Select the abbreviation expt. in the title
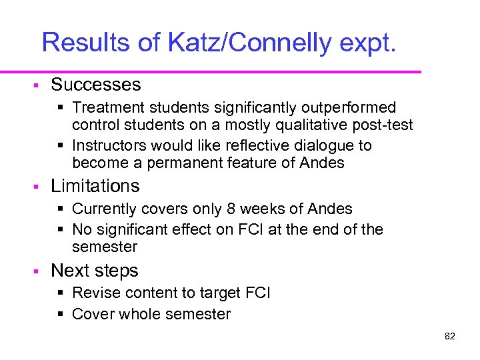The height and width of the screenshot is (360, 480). [370, 43]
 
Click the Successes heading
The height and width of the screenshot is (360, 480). [96, 85]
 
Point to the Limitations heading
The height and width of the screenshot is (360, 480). [95, 186]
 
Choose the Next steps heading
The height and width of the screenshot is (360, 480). [95, 271]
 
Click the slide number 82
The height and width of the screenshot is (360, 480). [449, 336]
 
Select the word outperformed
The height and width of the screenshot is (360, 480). [348, 108]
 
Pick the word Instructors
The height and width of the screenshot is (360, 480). [107, 145]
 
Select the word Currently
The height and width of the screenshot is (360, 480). [104, 209]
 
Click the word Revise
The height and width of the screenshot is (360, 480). [94, 293]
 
